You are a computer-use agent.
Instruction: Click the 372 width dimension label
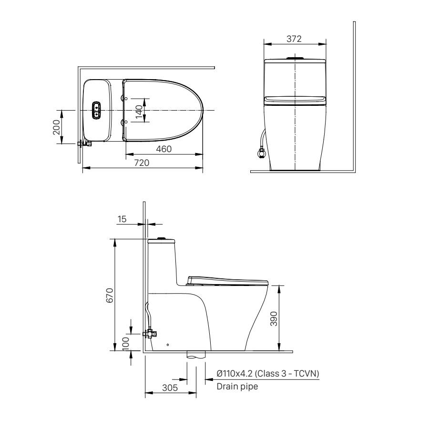(294, 39)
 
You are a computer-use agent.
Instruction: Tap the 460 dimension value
(163, 149)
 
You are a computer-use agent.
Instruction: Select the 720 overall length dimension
(142, 163)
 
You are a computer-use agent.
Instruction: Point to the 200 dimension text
(56, 127)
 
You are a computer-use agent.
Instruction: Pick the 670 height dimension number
(110, 296)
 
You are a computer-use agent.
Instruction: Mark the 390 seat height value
(274, 319)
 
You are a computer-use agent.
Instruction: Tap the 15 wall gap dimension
(122, 219)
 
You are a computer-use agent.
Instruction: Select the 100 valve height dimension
(125, 344)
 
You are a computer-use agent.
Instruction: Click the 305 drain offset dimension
(170, 388)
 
